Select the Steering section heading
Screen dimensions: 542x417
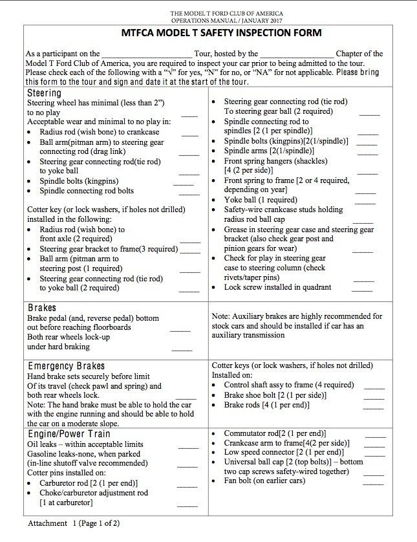pyautogui.click(x=45, y=93)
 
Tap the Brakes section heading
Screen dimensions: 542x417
pyautogui.click(x=42, y=308)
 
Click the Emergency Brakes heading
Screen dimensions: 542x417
pyautogui.click(x=66, y=366)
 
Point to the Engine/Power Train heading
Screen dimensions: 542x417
pyautogui.click(x=69, y=435)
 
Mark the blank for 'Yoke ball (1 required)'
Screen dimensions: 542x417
pyautogui.click(x=365, y=203)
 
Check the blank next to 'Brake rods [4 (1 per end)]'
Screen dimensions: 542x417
pyautogui.click(x=374, y=408)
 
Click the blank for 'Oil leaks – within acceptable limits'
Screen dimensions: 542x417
pyautogui.click(x=187, y=447)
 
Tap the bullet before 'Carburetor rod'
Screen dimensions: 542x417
pyautogui.click(x=32, y=483)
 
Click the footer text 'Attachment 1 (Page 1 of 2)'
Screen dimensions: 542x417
pyautogui.click(x=74, y=523)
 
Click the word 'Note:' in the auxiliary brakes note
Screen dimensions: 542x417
pyautogui.click(x=221, y=316)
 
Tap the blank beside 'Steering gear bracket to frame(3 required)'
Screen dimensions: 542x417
pyautogui.click(x=189, y=251)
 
